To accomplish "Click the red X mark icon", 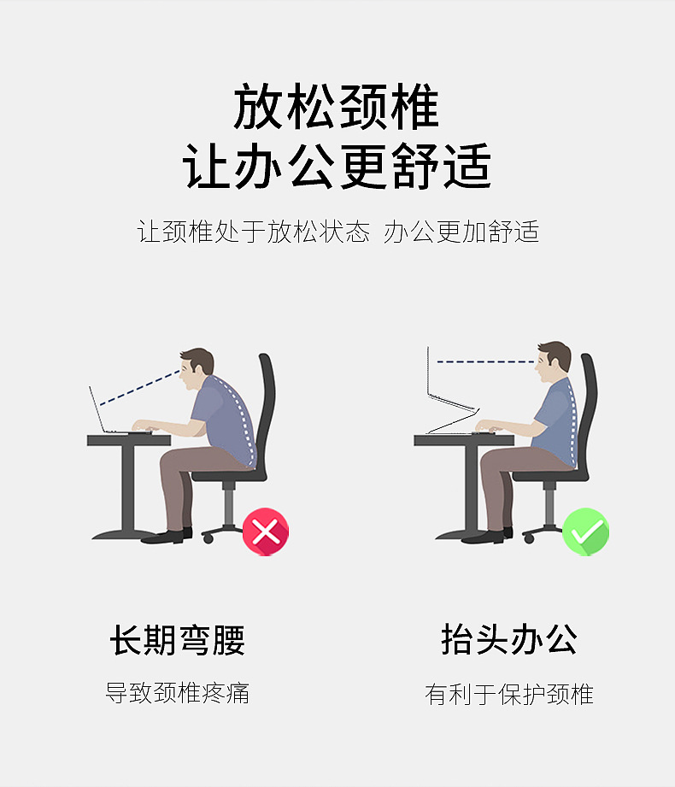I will (x=266, y=532).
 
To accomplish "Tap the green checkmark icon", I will (x=585, y=532).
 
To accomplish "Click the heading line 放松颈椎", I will (x=337, y=109).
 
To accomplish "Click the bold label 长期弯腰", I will (x=178, y=640).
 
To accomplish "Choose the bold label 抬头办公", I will (x=509, y=640).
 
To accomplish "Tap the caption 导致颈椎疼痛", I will (x=178, y=692).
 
